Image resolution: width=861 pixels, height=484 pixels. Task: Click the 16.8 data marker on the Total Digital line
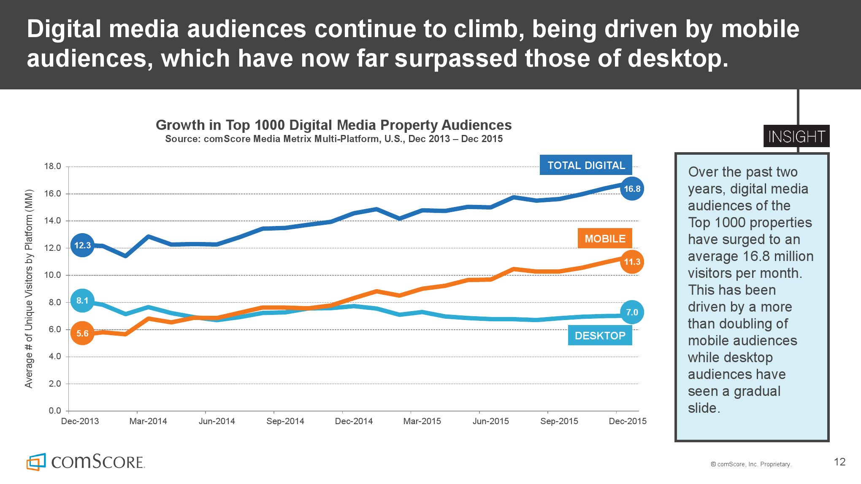[x=632, y=189]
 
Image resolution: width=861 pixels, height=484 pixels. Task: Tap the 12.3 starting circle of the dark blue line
[x=82, y=245]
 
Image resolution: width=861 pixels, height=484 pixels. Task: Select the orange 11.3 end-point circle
[x=632, y=262]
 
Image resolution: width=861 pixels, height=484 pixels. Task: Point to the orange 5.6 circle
[x=82, y=333]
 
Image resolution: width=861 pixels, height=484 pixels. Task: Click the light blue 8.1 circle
[x=82, y=301]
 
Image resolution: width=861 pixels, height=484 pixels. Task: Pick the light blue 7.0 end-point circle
[x=632, y=312]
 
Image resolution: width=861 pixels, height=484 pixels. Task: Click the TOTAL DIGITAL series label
[x=586, y=165]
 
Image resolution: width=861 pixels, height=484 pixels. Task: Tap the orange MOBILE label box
[x=605, y=239]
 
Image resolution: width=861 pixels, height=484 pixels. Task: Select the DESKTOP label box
[x=600, y=336]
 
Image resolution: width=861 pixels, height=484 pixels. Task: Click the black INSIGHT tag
[x=796, y=136]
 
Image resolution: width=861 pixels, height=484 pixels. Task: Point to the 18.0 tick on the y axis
[x=52, y=166]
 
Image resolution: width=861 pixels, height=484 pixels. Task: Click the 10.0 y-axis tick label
[x=52, y=275]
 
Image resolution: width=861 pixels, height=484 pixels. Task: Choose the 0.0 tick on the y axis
[x=55, y=411]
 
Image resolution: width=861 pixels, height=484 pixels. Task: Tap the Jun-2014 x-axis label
[x=217, y=421]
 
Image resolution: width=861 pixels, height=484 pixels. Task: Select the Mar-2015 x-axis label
[x=422, y=421]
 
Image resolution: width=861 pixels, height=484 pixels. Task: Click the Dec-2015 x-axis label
[x=628, y=421]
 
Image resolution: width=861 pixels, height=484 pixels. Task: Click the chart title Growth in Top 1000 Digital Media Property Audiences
[x=333, y=125]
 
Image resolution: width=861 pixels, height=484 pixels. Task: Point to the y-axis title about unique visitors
[x=29, y=289]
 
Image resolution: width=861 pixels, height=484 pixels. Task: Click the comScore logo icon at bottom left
[x=36, y=462]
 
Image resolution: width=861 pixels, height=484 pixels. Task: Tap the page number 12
[x=839, y=462]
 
